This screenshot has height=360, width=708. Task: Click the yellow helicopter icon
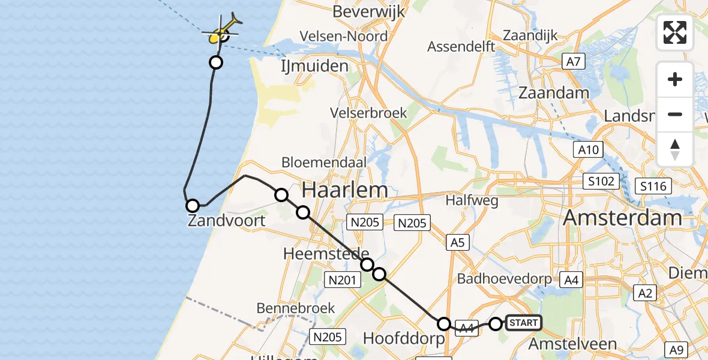pos(222,31)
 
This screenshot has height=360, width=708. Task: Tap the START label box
pos(523,323)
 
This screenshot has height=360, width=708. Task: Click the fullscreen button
pos(675,32)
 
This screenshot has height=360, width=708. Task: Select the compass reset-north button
pos(675,149)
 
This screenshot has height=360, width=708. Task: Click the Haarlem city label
pos(344,190)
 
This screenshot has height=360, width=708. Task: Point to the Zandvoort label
pos(227,221)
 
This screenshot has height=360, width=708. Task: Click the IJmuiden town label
pos(314,65)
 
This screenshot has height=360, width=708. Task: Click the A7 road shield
pos(574,61)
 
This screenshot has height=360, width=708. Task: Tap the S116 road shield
pos(653,186)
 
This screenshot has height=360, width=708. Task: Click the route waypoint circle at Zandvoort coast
pos(193,206)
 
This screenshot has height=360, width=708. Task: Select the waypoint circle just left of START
pos(496,324)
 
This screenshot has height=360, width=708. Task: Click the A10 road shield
pos(588,150)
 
